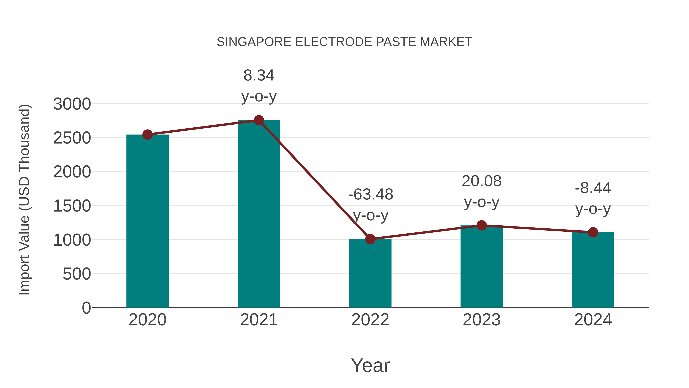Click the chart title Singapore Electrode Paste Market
point(344,42)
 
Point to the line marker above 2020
point(147,135)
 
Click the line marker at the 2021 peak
point(259,120)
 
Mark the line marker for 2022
point(370,239)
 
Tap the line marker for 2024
point(593,232)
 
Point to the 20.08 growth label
point(482,191)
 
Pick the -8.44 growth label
point(593,198)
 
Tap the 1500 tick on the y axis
point(72,206)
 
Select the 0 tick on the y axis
point(86,308)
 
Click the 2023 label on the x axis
point(482,320)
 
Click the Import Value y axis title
point(24,199)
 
